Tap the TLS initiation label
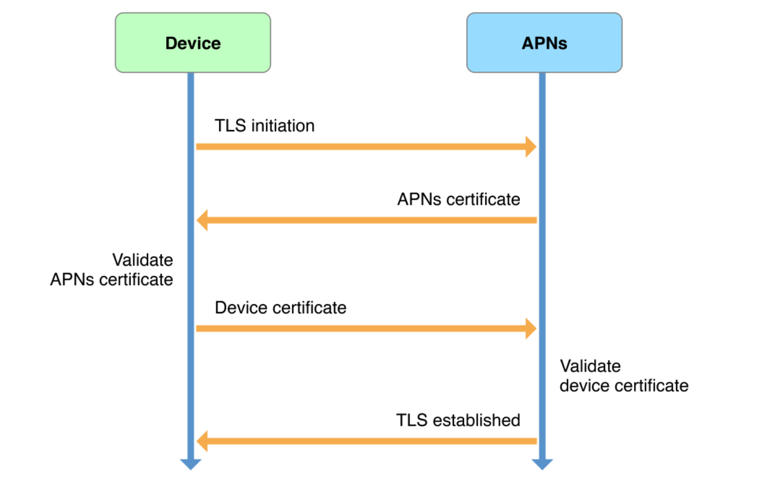pos(265,126)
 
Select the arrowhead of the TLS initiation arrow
pos(531,147)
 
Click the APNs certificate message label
pos(458,199)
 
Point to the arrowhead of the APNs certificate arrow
pos(202,220)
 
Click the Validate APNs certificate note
pos(112,270)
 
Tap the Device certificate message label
pos(281,308)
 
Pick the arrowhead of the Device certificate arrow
pos(531,328)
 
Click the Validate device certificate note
pos(624,376)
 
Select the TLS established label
pos(458,420)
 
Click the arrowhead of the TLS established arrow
pos(202,441)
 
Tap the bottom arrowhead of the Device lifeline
pos(191,464)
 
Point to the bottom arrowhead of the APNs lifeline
pos(542,464)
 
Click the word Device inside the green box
pos(193,43)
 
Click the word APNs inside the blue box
pos(544,43)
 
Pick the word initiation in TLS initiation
pos(283,126)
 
